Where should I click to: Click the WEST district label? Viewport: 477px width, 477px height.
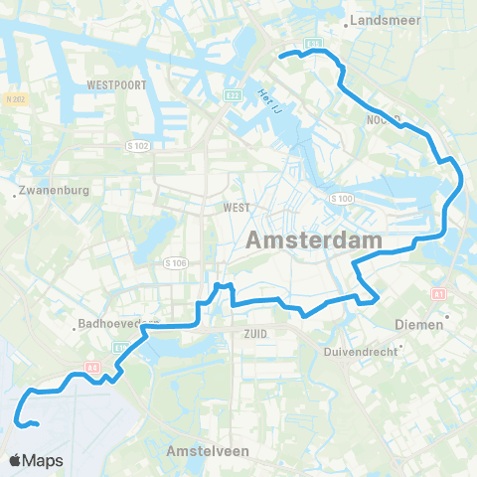(237, 208)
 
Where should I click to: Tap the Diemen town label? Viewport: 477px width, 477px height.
(418, 324)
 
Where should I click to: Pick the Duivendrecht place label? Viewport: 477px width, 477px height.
(360, 350)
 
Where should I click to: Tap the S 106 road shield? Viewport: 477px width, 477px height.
(175, 263)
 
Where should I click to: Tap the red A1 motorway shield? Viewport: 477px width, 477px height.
(438, 294)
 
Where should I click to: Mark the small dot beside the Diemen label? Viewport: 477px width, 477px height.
(447, 318)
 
